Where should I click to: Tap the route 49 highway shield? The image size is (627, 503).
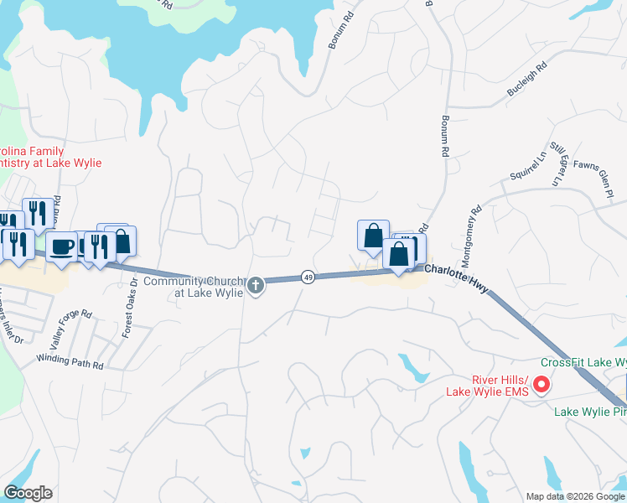point(308,277)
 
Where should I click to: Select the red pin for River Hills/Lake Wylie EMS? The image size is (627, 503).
point(541,385)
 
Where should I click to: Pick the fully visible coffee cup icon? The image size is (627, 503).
point(60,246)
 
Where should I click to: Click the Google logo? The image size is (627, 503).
point(28,493)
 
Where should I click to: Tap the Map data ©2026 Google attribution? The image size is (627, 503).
point(574,496)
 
